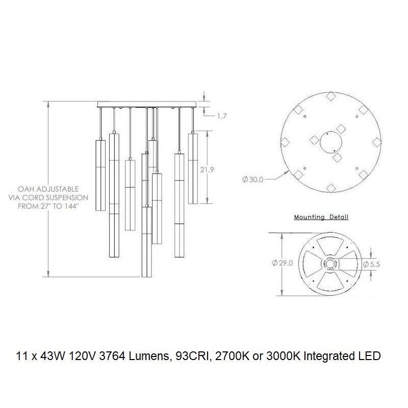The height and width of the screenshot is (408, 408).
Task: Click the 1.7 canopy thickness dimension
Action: point(222,116)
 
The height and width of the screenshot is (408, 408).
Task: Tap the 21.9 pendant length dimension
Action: point(207,170)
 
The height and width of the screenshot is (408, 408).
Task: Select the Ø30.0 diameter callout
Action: point(253,180)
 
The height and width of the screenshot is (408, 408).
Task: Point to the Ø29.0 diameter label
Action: point(283,263)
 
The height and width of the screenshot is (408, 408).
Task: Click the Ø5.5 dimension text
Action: point(372,264)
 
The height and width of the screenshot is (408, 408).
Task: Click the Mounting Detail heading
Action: point(321,217)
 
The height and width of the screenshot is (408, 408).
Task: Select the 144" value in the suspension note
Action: point(70,207)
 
